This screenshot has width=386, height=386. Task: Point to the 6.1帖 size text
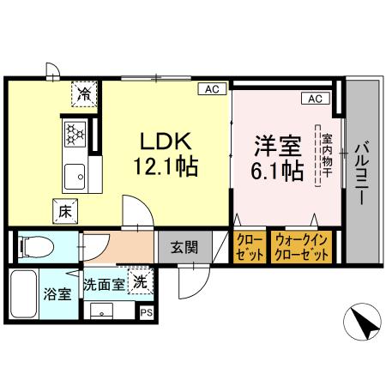276,170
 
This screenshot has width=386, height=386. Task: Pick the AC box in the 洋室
314,99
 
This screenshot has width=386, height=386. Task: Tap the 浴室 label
57,293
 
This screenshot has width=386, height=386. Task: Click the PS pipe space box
145,312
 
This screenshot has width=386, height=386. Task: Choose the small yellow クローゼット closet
249,248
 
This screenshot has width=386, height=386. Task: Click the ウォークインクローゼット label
301,248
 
